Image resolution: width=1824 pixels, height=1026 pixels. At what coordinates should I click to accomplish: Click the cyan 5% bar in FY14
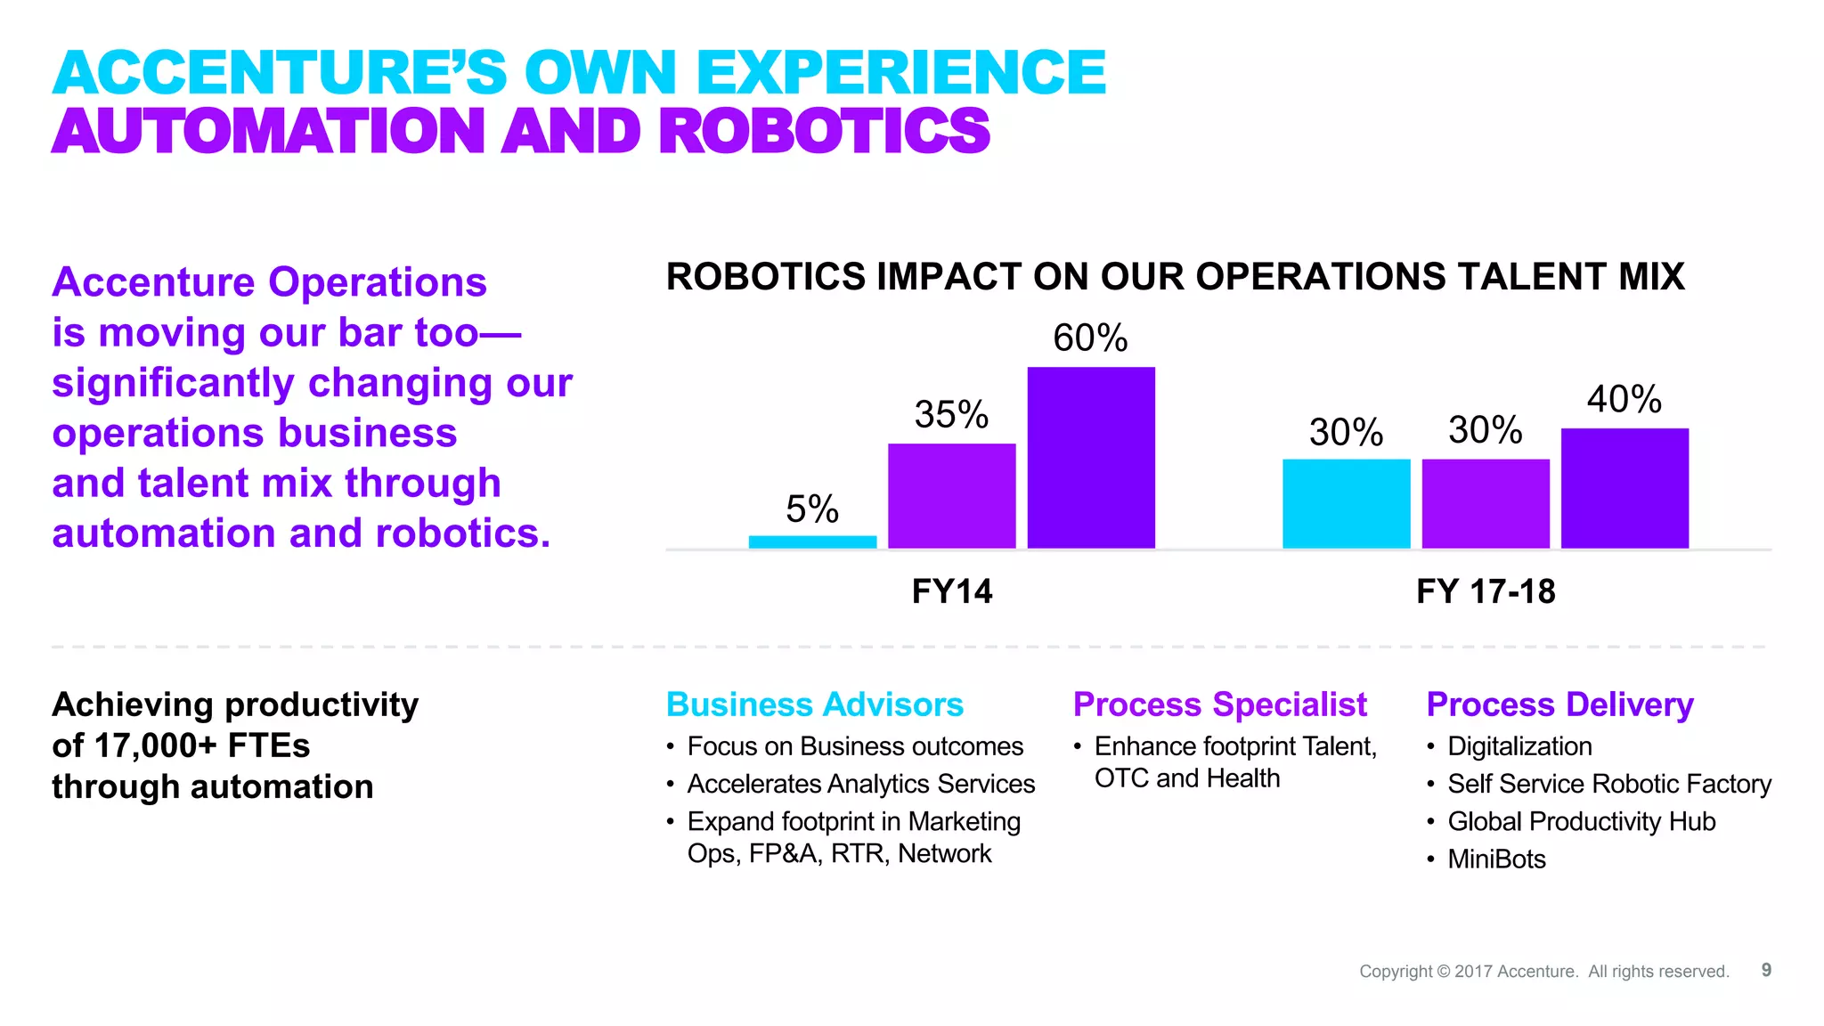pyautogui.click(x=812, y=541)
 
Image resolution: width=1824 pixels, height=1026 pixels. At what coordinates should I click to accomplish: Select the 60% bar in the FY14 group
pyautogui.click(x=1091, y=458)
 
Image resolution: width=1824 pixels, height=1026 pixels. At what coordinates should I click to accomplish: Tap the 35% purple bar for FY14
pyautogui.click(x=951, y=496)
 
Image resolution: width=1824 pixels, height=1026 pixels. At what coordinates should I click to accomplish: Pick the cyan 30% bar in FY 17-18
pyautogui.click(x=1346, y=503)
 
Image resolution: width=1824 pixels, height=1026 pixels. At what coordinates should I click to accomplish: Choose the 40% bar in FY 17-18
pyautogui.click(x=1624, y=488)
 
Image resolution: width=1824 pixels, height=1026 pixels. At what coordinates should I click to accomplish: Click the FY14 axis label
pyautogui.click(x=951, y=591)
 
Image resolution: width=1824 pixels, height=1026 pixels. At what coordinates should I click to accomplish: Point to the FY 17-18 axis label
pyautogui.click(x=1486, y=591)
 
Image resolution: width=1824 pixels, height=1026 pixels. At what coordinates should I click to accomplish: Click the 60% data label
pyautogui.click(x=1090, y=338)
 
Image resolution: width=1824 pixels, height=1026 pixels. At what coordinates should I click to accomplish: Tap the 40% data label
pyautogui.click(x=1624, y=399)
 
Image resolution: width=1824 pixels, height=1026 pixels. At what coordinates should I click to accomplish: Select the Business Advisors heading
pyautogui.click(x=814, y=704)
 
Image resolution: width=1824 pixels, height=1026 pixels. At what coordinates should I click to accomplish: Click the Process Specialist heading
pyautogui.click(x=1219, y=704)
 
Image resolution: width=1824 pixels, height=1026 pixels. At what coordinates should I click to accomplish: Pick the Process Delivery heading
pyautogui.click(x=1559, y=704)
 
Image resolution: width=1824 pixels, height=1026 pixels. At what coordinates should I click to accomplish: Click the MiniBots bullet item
pyautogui.click(x=1496, y=859)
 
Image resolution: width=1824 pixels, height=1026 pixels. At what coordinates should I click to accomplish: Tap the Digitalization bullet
pyautogui.click(x=1519, y=746)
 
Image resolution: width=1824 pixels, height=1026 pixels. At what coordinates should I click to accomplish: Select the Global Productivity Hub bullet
pyautogui.click(x=1581, y=821)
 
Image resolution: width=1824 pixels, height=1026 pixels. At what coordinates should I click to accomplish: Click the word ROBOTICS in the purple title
pyautogui.click(x=824, y=132)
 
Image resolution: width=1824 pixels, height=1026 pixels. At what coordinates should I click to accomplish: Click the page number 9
pyautogui.click(x=1766, y=970)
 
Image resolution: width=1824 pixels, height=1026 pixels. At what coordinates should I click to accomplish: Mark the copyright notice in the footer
pyautogui.click(x=1543, y=972)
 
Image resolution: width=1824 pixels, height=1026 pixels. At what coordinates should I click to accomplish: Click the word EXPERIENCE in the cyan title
pyautogui.click(x=900, y=73)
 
